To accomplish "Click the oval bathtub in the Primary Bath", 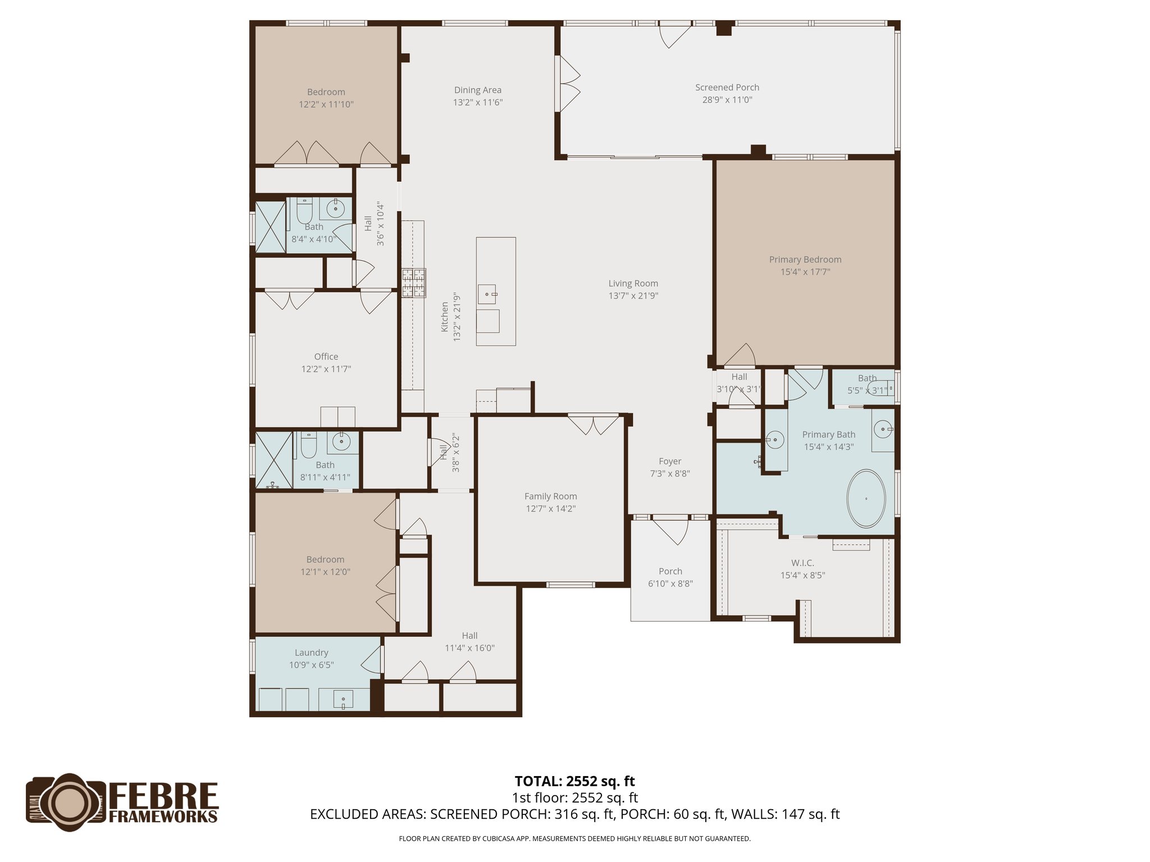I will [x=866, y=498].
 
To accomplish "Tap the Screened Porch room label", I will [x=727, y=88].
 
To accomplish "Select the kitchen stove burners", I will [x=414, y=282].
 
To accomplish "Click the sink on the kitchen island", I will [x=487, y=294].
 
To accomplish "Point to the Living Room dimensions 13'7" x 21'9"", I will [x=633, y=296].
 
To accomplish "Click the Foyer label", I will [x=669, y=461].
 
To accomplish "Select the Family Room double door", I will [x=593, y=424].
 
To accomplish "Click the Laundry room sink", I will [x=344, y=700].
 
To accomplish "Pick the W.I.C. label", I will [x=802, y=563].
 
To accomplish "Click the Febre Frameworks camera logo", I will [x=66, y=803].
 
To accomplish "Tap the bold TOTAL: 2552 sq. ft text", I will [x=574, y=781].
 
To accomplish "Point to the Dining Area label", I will [x=478, y=90].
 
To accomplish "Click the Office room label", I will [x=326, y=356].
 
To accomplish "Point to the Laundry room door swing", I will [x=372, y=659].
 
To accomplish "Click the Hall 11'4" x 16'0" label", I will [x=469, y=636].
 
